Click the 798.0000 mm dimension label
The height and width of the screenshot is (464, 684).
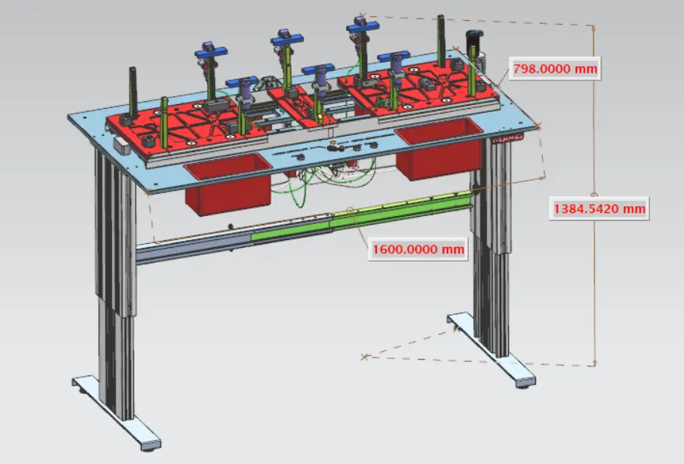coord(554,69)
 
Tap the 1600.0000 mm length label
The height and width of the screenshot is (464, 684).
coord(418,249)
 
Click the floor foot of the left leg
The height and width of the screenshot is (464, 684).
coord(116,409)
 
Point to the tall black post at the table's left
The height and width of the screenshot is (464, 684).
coord(131,89)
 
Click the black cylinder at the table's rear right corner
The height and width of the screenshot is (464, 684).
coord(472,42)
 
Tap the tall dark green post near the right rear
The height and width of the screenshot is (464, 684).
coord(441,42)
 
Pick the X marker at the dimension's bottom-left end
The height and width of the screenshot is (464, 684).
coord(365,357)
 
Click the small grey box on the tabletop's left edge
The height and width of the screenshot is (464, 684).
coord(119,144)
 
